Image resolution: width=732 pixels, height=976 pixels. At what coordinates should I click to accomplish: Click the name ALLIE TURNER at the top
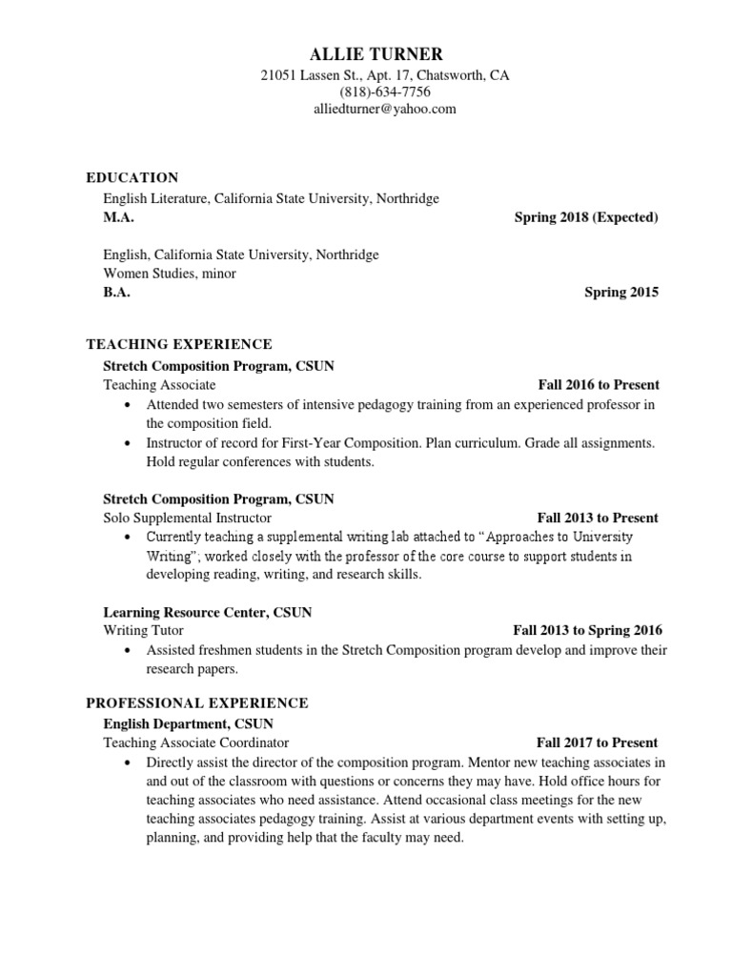tap(370, 53)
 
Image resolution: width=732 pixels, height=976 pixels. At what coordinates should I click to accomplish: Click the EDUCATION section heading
tap(132, 177)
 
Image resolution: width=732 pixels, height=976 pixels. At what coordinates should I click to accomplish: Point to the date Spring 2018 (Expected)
tap(586, 217)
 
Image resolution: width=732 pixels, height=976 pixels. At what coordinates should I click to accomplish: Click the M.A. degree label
tap(118, 217)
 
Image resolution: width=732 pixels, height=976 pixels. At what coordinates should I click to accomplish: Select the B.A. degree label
tap(116, 293)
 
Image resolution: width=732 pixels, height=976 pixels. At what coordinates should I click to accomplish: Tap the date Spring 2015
tap(621, 293)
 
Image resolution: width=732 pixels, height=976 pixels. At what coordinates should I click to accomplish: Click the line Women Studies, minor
tap(170, 274)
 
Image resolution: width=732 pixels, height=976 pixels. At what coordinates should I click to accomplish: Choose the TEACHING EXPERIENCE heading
tap(179, 344)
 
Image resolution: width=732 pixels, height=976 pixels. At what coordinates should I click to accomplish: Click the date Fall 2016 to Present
tap(599, 385)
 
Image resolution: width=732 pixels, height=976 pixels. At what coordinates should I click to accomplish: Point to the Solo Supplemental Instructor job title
tap(187, 518)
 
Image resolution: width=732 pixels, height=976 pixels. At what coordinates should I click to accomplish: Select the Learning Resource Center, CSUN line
tap(208, 612)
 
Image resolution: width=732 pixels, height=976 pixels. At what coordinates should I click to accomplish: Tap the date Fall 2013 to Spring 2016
tap(587, 630)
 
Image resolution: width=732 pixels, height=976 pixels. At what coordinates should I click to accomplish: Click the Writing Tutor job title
tap(143, 630)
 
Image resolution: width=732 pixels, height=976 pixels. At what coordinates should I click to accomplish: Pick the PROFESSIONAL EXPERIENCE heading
tap(197, 702)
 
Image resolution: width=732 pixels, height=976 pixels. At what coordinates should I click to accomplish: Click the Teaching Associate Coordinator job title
tap(196, 742)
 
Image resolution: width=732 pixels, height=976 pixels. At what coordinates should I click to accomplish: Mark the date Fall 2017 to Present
tap(597, 742)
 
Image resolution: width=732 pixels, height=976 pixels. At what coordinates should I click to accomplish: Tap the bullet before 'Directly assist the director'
tap(129, 763)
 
